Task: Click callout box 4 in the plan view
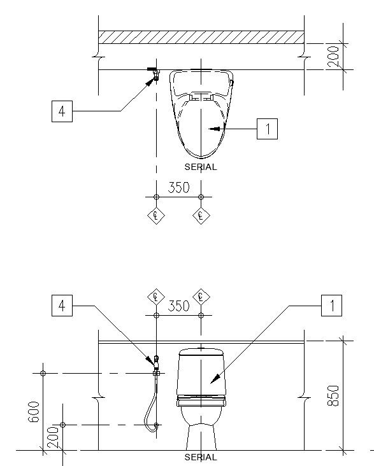pyautogui.click(x=62, y=111)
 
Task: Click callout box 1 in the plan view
pyautogui.click(x=267, y=129)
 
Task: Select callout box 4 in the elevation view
pyautogui.click(x=62, y=306)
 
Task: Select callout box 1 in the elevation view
pyautogui.click(x=331, y=306)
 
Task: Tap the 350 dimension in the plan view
pyautogui.click(x=178, y=188)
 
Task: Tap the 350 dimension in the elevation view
pyautogui.click(x=178, y=306)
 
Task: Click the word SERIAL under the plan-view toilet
pyautogui.click(x=201, y=167)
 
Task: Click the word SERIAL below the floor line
pyautogui.click(x=201, y=457)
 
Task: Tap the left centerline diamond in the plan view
pyautogui.click(x=156, y=216)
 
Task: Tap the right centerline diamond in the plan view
pyautogui.click(x=201, y=216)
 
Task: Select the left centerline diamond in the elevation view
pyautogui.click(x=156, y=297)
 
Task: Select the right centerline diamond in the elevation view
pyautogui.click(x=201, y=297)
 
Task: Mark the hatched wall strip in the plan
pyautogui.click(x=201, y=37)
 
